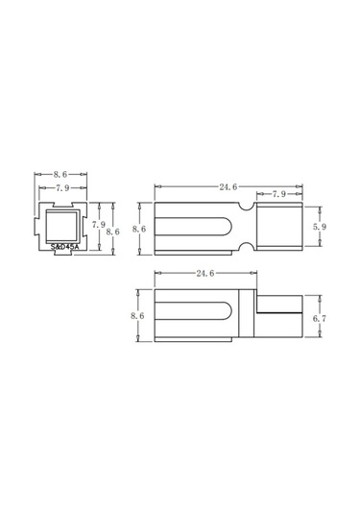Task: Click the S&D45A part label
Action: (x=65, y=247)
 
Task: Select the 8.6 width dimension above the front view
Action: (x=60, y=175)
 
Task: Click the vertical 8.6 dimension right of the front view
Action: (x=111, y=232)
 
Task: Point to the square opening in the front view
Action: (x=63, y=227)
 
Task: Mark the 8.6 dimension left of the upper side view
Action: (x=138, y=229)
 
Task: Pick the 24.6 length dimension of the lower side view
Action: (x=205, y=274)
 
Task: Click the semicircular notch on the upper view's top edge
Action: (x=246, y=206)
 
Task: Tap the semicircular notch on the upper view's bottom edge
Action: (x=246, y=251)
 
